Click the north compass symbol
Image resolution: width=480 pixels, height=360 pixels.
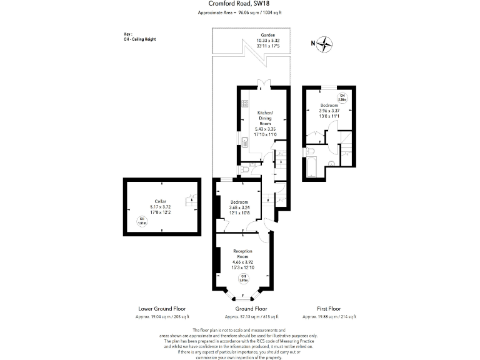[325, 44]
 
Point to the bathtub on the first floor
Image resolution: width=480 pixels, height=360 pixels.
[312, 167]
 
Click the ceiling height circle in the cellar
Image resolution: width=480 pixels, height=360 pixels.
[142, 219]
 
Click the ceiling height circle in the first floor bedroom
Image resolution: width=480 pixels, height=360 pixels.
[342, 97]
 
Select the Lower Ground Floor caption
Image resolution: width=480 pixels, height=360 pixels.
[161, 309]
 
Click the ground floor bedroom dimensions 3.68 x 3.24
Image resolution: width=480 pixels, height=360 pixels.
[239, 207]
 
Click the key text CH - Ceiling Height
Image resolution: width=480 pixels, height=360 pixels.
[140, 39]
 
